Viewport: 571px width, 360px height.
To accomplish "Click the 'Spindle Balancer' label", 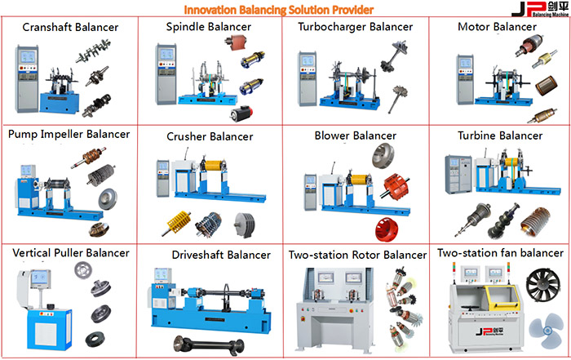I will tap(208, 27).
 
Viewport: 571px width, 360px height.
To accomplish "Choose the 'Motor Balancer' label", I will tap(497, 27).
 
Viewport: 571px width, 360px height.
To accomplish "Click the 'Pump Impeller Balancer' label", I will tap(69, 133).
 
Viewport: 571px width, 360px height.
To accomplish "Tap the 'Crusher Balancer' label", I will tap(209, 136).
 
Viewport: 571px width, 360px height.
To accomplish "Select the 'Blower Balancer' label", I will tap(355, 135).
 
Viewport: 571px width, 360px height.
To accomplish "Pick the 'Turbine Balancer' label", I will tap(500, 135).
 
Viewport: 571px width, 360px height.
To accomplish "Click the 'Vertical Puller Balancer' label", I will tap(71, 253).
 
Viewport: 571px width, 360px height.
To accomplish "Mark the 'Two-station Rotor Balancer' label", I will tap(357, 255).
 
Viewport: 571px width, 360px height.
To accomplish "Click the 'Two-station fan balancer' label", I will tap(499, 253).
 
